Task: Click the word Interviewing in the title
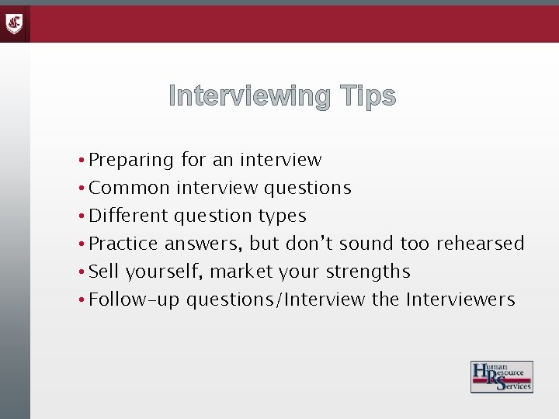(x=248, y=96)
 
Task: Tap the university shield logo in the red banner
(x=15, y=23)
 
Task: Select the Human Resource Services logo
(x=502, y=377)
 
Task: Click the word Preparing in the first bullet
(x=131, y=161)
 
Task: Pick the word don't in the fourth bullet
(x=310, y=244)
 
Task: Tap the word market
(x=238, y=272)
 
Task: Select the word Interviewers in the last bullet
(x=460, y=300)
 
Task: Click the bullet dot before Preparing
(x=82, y=161)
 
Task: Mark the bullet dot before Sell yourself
(x=82, y=272)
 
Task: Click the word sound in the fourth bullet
(x=367, y=244)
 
